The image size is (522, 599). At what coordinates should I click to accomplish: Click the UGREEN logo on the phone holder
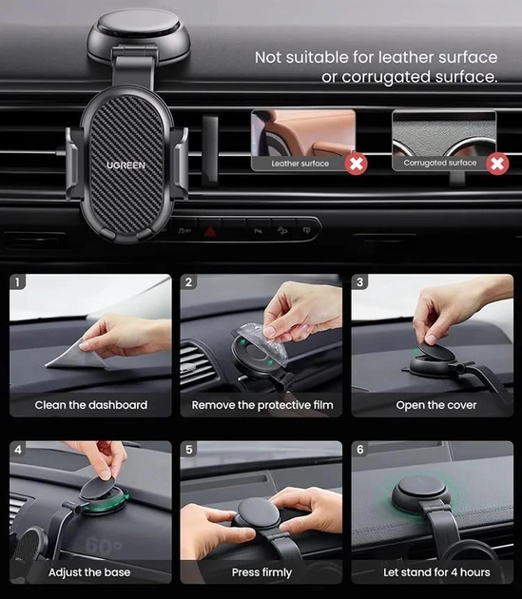(126, 165)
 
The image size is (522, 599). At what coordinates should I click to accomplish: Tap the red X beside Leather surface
(357, 164)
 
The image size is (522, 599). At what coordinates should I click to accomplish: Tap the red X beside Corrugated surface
(497, 164)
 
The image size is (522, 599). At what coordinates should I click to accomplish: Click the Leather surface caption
(300, 164)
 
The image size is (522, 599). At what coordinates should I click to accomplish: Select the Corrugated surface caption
(440, 163)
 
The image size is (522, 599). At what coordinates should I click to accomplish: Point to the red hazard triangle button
(210, 231)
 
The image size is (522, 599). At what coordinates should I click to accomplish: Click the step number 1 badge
(17, 282)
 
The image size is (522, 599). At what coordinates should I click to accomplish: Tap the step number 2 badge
(188, 282)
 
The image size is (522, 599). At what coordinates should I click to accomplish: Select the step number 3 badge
(359, 282)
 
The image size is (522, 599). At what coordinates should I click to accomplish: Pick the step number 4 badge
(17, 449)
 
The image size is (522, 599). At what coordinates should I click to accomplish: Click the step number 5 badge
(189, 449)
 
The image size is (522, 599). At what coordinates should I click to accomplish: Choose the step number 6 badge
(360, 449)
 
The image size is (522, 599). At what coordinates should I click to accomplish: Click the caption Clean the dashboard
(91, 405)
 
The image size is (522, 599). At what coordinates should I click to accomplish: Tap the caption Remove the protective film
(262, 405)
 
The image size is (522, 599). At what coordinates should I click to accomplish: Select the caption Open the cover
(436, 405)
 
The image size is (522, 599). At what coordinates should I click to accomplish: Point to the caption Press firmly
(261, 572)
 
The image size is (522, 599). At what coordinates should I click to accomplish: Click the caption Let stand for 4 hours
(436, 572)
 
